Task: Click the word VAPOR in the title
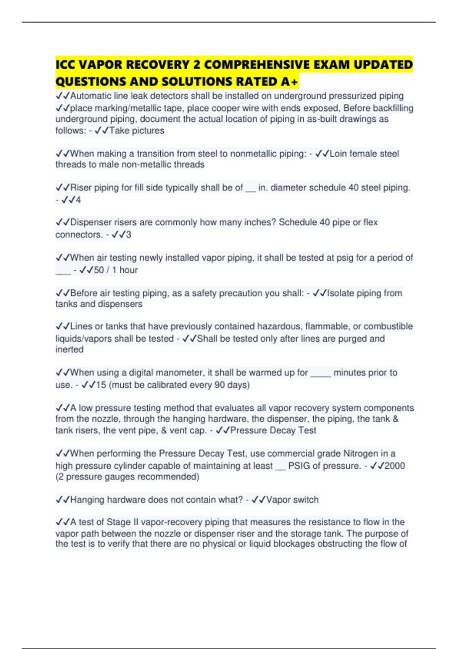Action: click(100, 65)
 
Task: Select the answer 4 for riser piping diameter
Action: click(78, 200)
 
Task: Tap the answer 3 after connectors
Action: click(129, 234)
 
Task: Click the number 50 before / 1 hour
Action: click(99, 270)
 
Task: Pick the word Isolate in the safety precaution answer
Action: click(341, 293)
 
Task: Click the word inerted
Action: click(69, 349)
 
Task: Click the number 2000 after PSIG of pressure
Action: click(395, 466)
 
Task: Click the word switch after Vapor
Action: click(305, 500)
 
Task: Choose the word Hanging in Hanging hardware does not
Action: click(87, 500)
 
